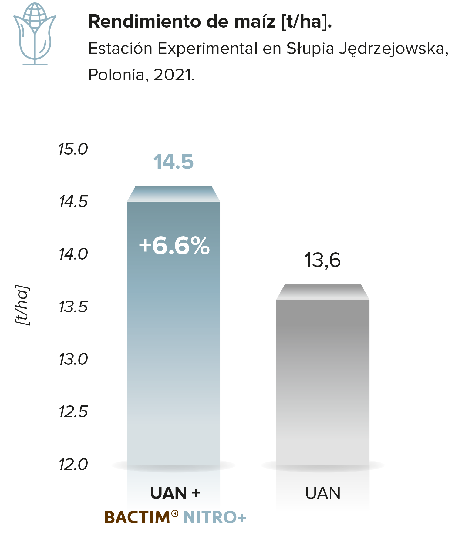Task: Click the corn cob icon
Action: tap(35, 34)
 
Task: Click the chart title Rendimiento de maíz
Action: tap(182, 22)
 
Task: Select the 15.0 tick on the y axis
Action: tap(73, 149)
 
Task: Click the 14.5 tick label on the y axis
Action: tap(73, 201)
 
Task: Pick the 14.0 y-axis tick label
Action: tap(73, 254)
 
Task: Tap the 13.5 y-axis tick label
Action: tap(73, 307)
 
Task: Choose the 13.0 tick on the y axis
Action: tap(73, 359)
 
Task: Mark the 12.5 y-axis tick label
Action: tap(73, 411)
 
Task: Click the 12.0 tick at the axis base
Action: tap(73, 464)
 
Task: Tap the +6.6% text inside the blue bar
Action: tap(174, 245)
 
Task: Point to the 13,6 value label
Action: tap(322, 260)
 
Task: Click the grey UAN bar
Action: tap(323, 376)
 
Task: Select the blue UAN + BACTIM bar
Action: tap(174, 327)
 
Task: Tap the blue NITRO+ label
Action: tap(215, 517)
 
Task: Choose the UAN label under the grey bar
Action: tap(323, 493)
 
